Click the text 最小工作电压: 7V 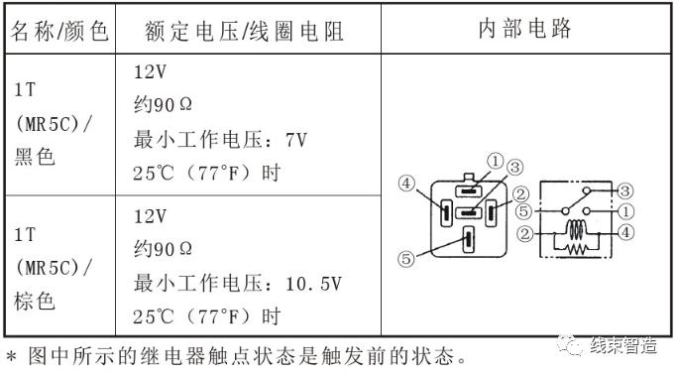click(221, 139)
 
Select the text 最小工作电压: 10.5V click(237, 283)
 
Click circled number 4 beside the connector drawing click(406, 184)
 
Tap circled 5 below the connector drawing click(405, 260)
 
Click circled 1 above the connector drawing click(495, 161)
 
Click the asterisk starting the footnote click(11, 354)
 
